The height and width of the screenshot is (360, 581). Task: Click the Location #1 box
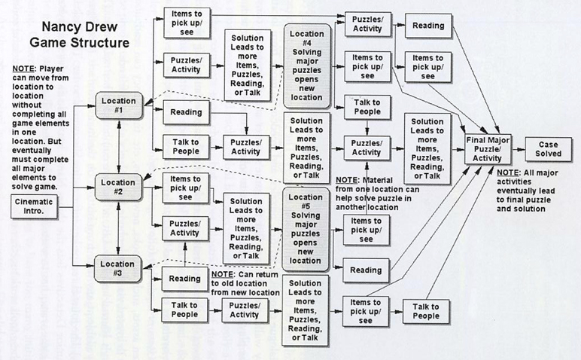point(119,105)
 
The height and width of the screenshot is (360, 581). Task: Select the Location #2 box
point(119,186)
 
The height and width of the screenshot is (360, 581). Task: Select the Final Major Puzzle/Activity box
point(488,147)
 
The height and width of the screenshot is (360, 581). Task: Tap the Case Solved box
point(548,148)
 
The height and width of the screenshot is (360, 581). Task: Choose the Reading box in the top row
point(427,26)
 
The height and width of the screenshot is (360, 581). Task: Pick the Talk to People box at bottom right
point(427,310)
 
